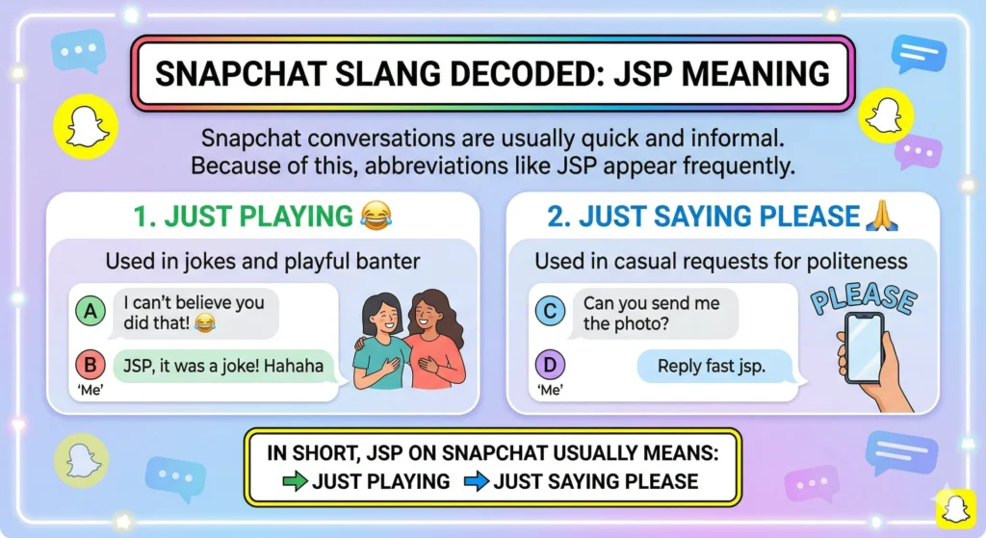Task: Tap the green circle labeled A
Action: tap(90, 311)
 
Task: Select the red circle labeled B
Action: tap(90, 366)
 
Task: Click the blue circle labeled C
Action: tap(551, 311)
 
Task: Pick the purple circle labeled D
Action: tap(551, 366)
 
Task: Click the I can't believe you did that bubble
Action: tap(194, 313)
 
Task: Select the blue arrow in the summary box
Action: tap(475, 480)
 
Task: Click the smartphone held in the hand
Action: tap(863, 346)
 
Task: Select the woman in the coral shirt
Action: tap(433, 342)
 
